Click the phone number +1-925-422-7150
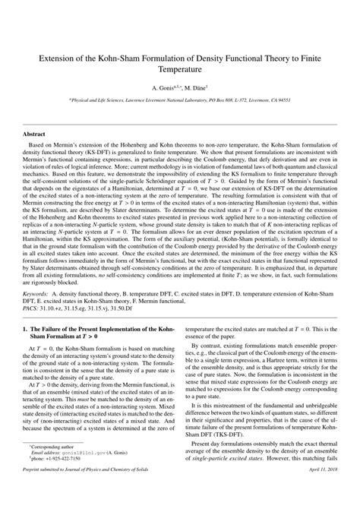65,480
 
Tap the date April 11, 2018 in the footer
320,498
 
